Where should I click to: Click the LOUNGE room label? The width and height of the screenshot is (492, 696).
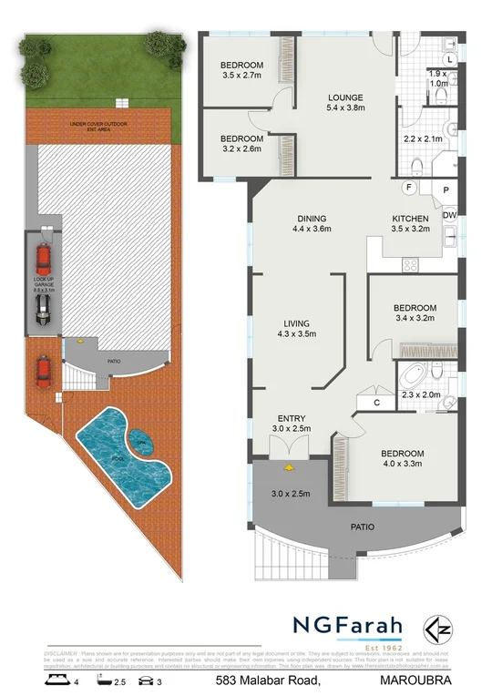point(345,97)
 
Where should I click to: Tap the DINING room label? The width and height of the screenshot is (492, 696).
point(311,219)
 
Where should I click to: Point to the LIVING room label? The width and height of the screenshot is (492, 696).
point(295,323)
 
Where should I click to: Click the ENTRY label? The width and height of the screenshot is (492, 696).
point(291,417)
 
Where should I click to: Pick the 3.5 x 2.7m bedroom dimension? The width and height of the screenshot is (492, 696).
point(241,77)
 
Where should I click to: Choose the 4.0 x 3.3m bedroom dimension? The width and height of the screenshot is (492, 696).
point(402,465)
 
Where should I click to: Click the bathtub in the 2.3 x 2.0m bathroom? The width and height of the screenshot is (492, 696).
point(415,374)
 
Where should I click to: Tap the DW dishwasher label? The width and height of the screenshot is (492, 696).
point(449,215)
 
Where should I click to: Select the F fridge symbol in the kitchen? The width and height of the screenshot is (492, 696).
point(409,188)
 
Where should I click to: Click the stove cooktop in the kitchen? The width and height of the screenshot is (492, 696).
point(409,265)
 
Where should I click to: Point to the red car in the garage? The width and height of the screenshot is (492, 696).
point(43,257)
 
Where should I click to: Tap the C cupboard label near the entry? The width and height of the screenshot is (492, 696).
point(375,402)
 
